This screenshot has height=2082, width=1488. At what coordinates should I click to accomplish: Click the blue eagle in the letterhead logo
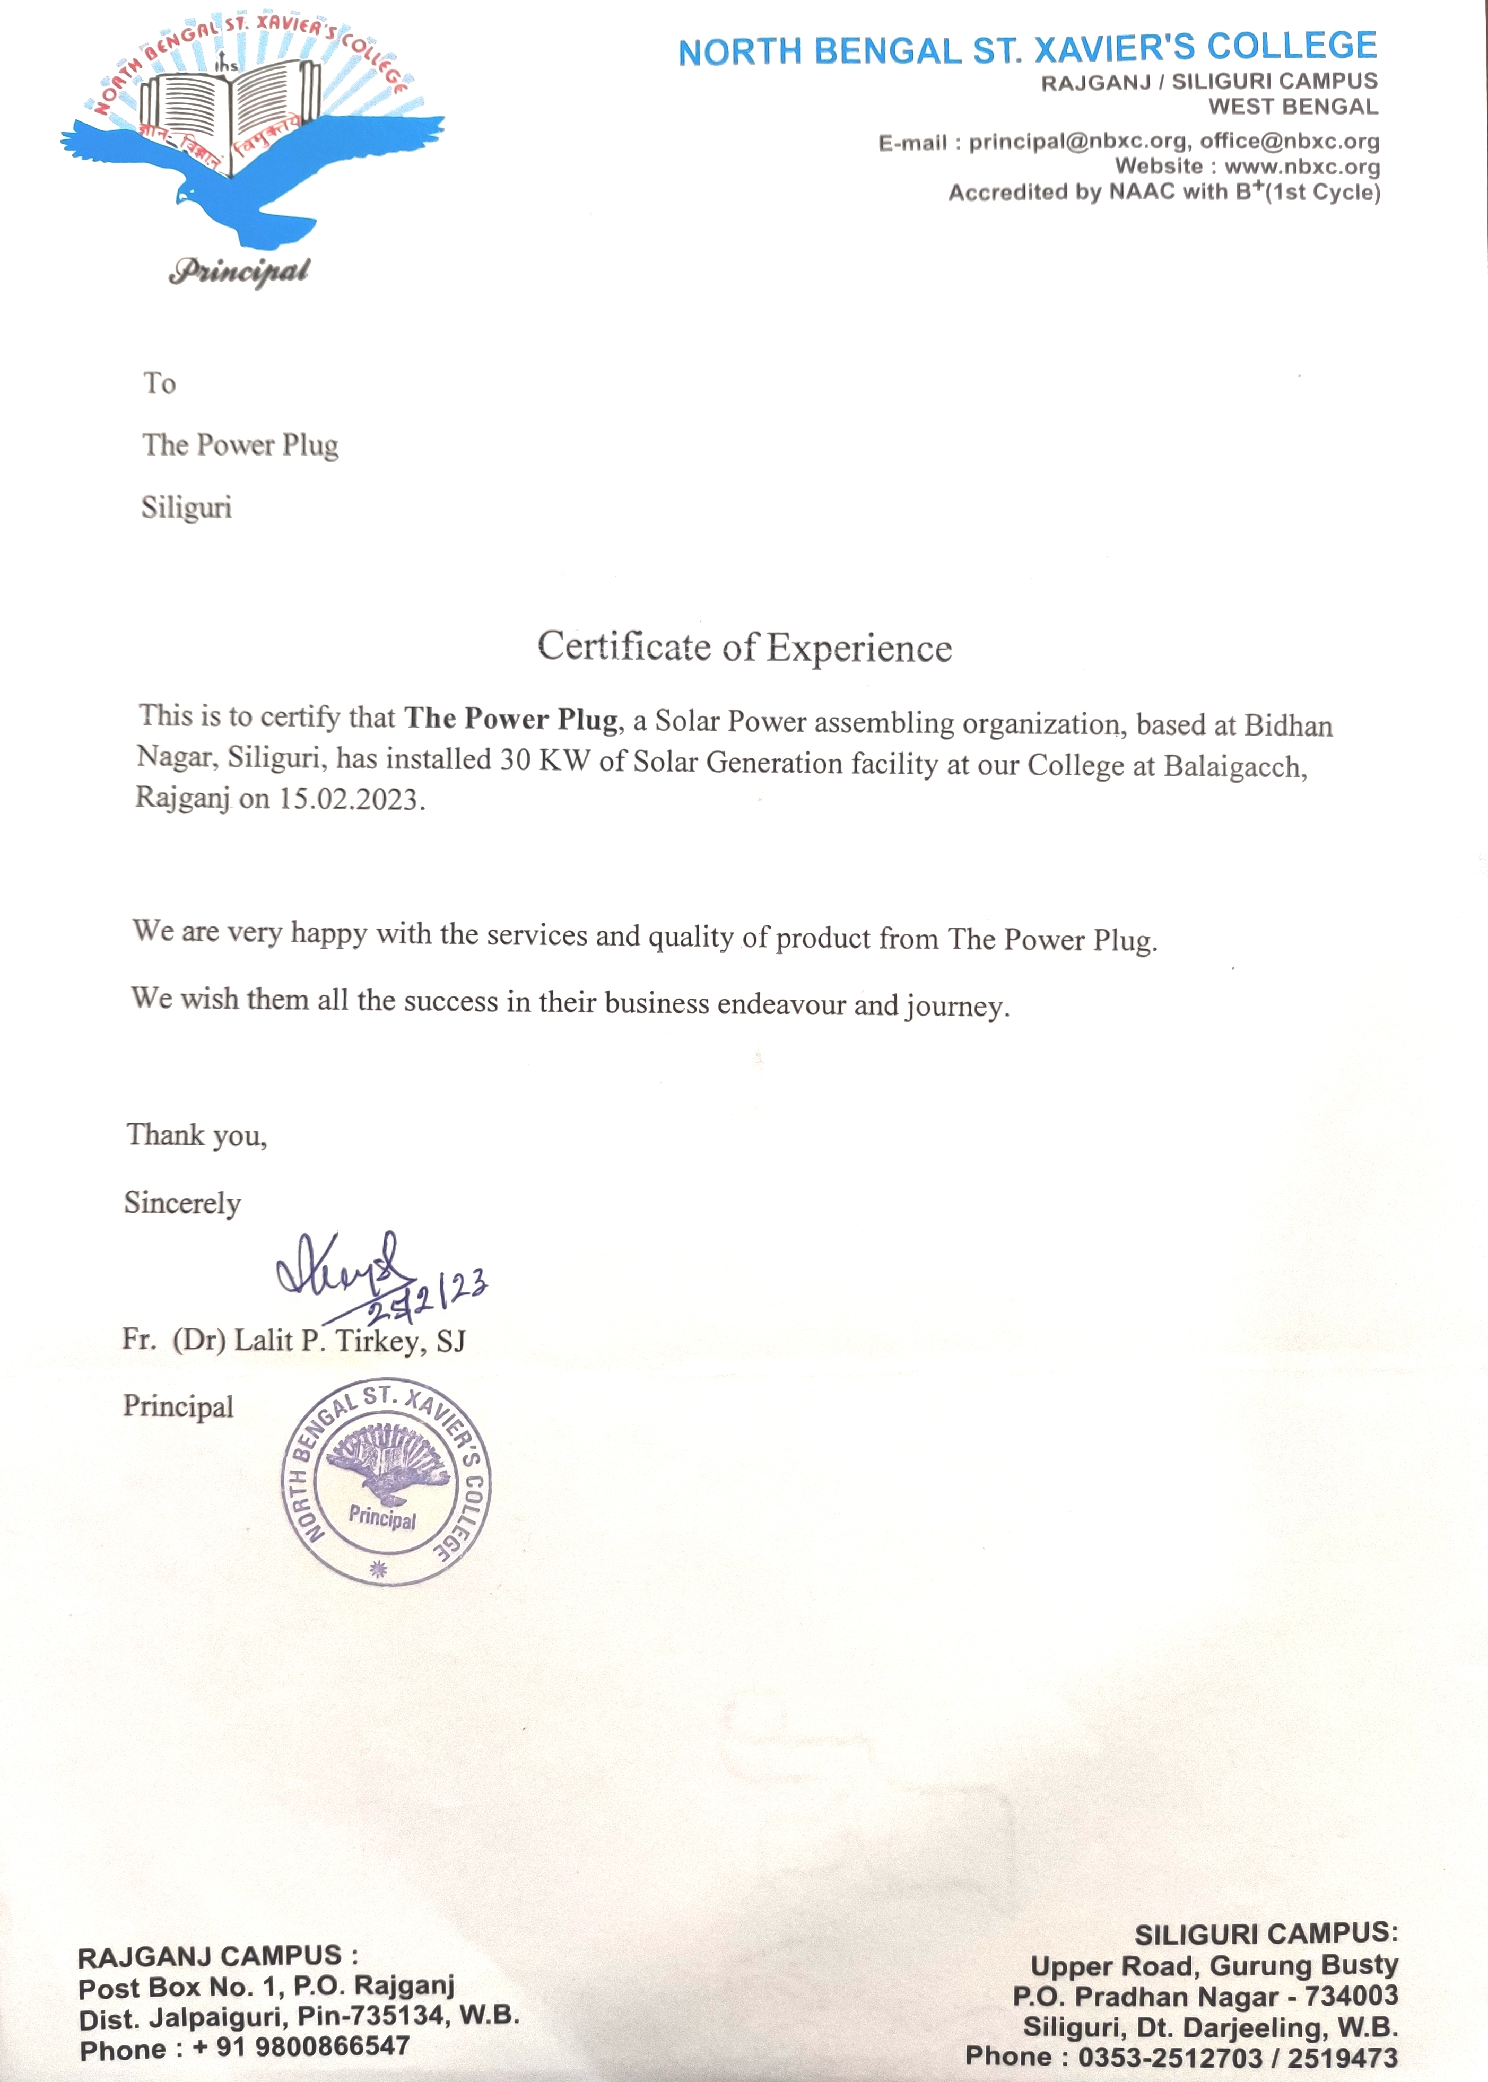pyautogui.click(x=247, y=174)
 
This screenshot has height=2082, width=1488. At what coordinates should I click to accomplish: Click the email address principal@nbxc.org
pyautogui.click(x=1077, y=142)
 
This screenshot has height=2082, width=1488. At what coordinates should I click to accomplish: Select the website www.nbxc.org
pyautogui.click(x=1301, y=167)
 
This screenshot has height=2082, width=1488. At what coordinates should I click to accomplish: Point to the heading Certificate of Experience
pyautogui.click(x=744, y=646)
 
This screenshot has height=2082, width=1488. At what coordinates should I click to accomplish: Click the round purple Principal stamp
pyautogui.click(x=385, y=1482)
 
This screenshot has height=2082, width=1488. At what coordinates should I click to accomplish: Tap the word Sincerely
pyautogui.click(x=182, y=1203)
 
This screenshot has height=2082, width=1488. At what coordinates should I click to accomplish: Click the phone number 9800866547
pyautogui.click(x=332, y=2045)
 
